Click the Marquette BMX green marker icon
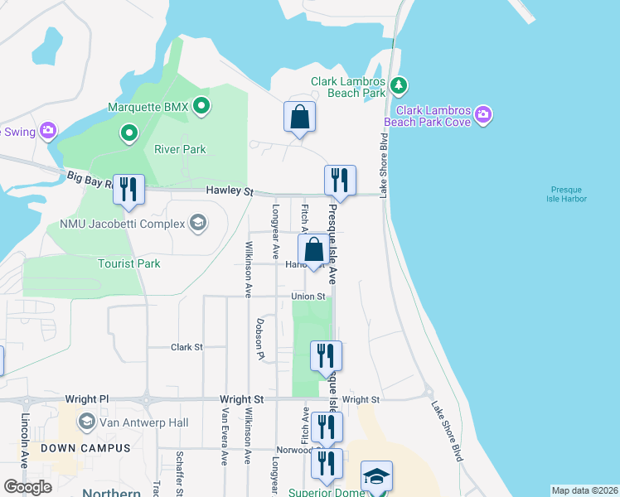click(x=201, y=106)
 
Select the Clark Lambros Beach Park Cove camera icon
click(x=483, y=114)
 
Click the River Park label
click(x=180, y=150)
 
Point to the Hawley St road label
click(x=230, y=191)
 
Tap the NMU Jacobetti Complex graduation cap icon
click(x=198, y=222)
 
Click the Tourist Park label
click(x=128, y=263)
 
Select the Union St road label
click(x=308, y=297)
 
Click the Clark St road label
click(x=186, y=348)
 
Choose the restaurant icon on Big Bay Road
click(x=128, y=188)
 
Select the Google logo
click(x=27, y=487)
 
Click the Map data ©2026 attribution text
click(x=584, y=490)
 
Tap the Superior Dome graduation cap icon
click(x=376, y=477)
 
